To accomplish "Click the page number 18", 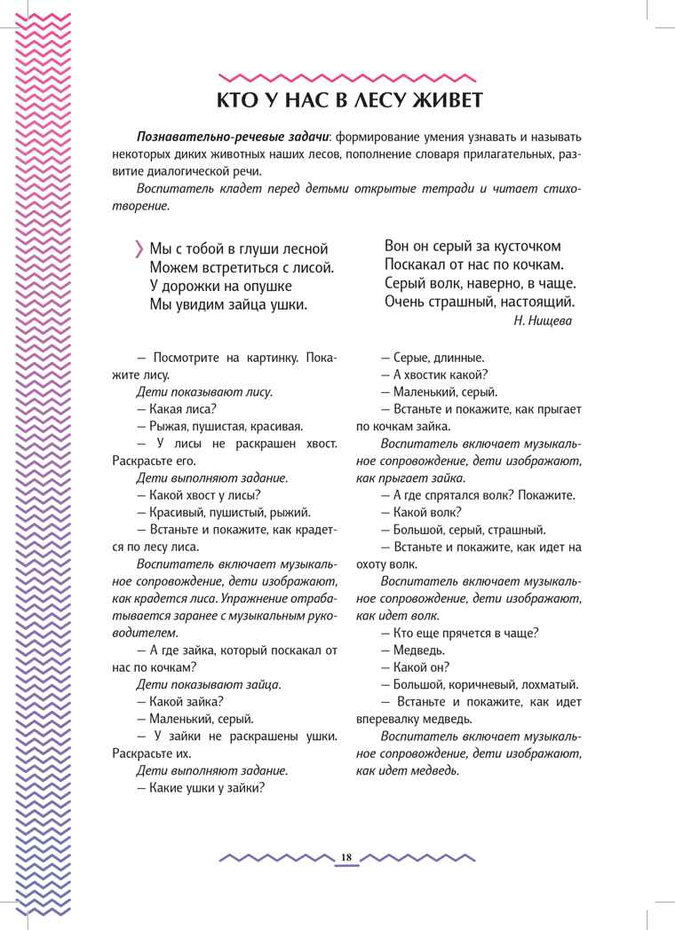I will pyautogui.click(x=346, y=857).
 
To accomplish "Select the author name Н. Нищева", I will pyautogui.click(x=543, y=321).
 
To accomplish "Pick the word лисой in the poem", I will pyautogui.click(x=314, y=267).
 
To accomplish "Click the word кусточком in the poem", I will pyautogui.click(x=521, y=246).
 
